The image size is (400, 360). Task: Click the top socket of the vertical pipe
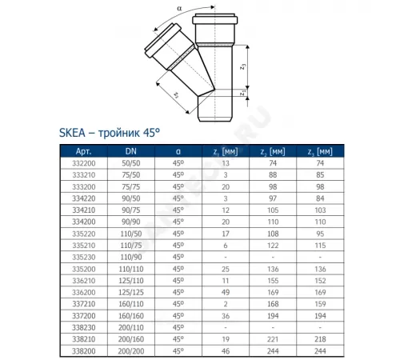pyautogui.click(x=217, y=22)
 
